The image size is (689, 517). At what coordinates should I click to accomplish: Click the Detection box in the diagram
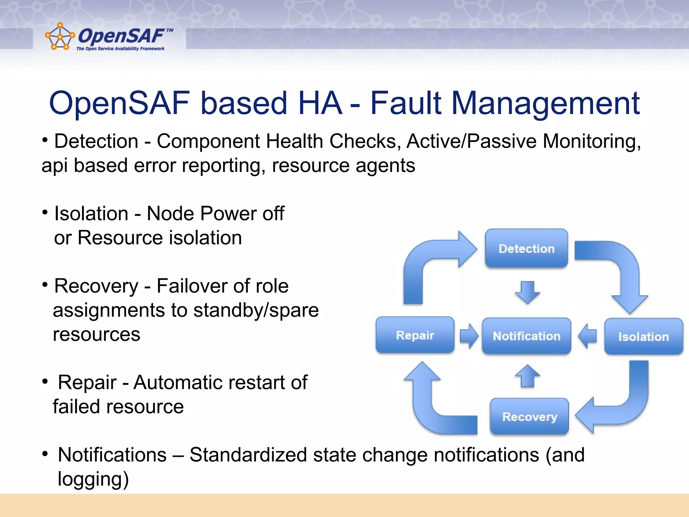(x=527, y=248)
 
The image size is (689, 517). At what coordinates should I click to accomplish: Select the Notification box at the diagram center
(x=527, y=336)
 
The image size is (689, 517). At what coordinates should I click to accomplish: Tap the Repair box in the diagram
(x=415, y=335)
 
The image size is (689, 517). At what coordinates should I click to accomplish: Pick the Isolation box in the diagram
(x=643, y=337)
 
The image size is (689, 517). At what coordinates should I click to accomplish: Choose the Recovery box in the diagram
(x=530, y=417)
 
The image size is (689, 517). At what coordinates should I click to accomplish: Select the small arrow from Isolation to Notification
(x=587, y=336)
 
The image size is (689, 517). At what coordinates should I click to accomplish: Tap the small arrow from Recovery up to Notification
(x=527, y=376)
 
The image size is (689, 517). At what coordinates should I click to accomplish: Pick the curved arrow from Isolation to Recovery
(x=622, y=404)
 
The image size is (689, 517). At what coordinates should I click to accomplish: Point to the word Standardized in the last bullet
(x=248, y=455)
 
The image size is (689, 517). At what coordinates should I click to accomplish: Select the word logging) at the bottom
(x=93, y=479)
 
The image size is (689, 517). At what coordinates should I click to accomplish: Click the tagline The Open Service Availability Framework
(x=120, y=49)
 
